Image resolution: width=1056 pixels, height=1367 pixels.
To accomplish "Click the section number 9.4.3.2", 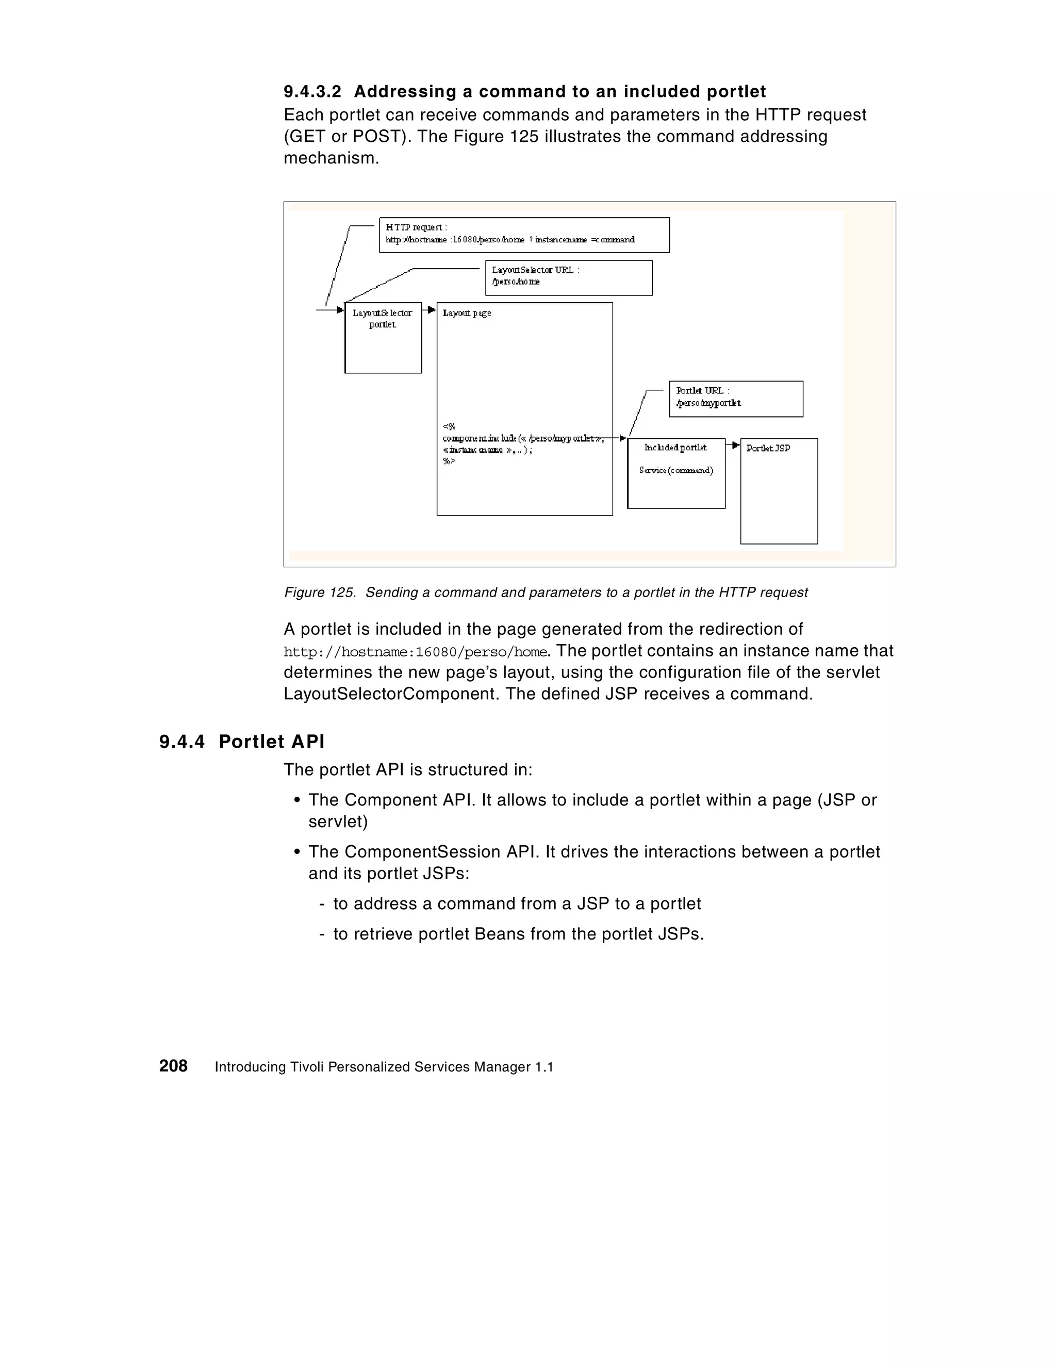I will click(312, 92).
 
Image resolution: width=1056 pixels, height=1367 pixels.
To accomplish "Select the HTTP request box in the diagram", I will click(524, 235).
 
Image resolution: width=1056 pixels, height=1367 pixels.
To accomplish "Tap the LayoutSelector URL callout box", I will click(568, 277).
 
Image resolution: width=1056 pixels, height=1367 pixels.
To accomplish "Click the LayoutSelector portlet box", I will click(383, 338).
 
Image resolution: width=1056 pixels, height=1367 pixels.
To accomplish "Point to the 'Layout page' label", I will click(467, 313).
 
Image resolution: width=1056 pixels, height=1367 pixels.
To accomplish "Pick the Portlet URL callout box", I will click(735, 399).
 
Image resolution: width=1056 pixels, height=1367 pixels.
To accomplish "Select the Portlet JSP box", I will click(779, 491).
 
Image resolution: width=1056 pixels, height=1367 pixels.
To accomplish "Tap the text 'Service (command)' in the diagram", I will click(676, 470).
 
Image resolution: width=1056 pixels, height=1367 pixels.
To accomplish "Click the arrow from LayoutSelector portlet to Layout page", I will click(430, 310).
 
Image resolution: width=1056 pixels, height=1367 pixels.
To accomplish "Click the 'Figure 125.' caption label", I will click(320, 592).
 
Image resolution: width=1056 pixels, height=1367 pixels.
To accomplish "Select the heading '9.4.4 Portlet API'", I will click(242, 742).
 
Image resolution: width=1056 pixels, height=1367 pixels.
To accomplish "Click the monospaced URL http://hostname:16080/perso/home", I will click(416, 652).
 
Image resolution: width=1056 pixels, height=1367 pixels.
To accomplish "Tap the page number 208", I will click(173, 1066).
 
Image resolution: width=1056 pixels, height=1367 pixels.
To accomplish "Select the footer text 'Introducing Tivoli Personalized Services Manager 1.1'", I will click(384, 1067).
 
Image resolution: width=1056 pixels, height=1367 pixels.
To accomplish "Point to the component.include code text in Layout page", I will click(523, 439).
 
